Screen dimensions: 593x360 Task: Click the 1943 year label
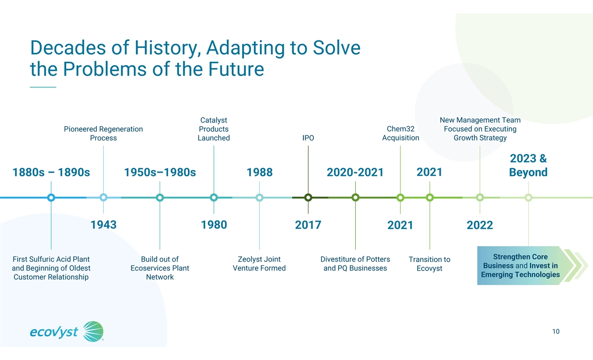click(x=103, y=225)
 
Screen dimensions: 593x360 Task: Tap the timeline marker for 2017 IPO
click(x=308, y=198)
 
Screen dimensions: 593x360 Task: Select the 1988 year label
click(x=259, y=173)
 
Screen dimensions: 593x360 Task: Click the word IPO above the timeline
click(x=308, y=138)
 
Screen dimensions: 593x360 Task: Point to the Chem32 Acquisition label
click(x=401, y=133)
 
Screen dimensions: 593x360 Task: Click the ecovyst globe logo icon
click(x=93, y=331)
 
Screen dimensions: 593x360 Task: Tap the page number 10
click(x=556, y=331)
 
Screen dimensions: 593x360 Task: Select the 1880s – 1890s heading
click(x=51, y=173)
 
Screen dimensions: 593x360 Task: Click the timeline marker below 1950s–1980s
click(x=160, y=198)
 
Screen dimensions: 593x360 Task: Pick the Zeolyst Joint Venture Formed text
click(x=259, y=264)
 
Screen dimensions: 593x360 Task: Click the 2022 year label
click(x=480, y=225)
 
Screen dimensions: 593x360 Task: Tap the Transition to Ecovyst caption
click(x=429, y=264)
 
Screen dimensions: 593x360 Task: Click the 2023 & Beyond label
click(x=528, y=166)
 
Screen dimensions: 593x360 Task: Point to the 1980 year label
click(x=214, y=225)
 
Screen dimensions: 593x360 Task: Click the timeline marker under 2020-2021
click(x=355, y=198)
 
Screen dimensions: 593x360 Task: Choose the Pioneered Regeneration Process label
click(x=103, y=134)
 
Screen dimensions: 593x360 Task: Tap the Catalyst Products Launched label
click(x=213, y=129)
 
